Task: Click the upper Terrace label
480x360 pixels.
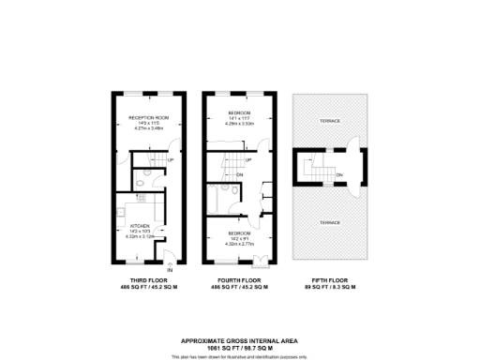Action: [328, 122]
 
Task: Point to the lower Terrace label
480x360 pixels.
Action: [328, 222]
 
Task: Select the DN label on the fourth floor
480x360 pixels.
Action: [240, 174]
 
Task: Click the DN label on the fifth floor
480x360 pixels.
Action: [338, 173]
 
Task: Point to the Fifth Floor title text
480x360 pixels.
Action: [328, 280]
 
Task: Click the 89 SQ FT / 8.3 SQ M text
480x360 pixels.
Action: [328, 288]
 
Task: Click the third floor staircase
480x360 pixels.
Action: [155, 160]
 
